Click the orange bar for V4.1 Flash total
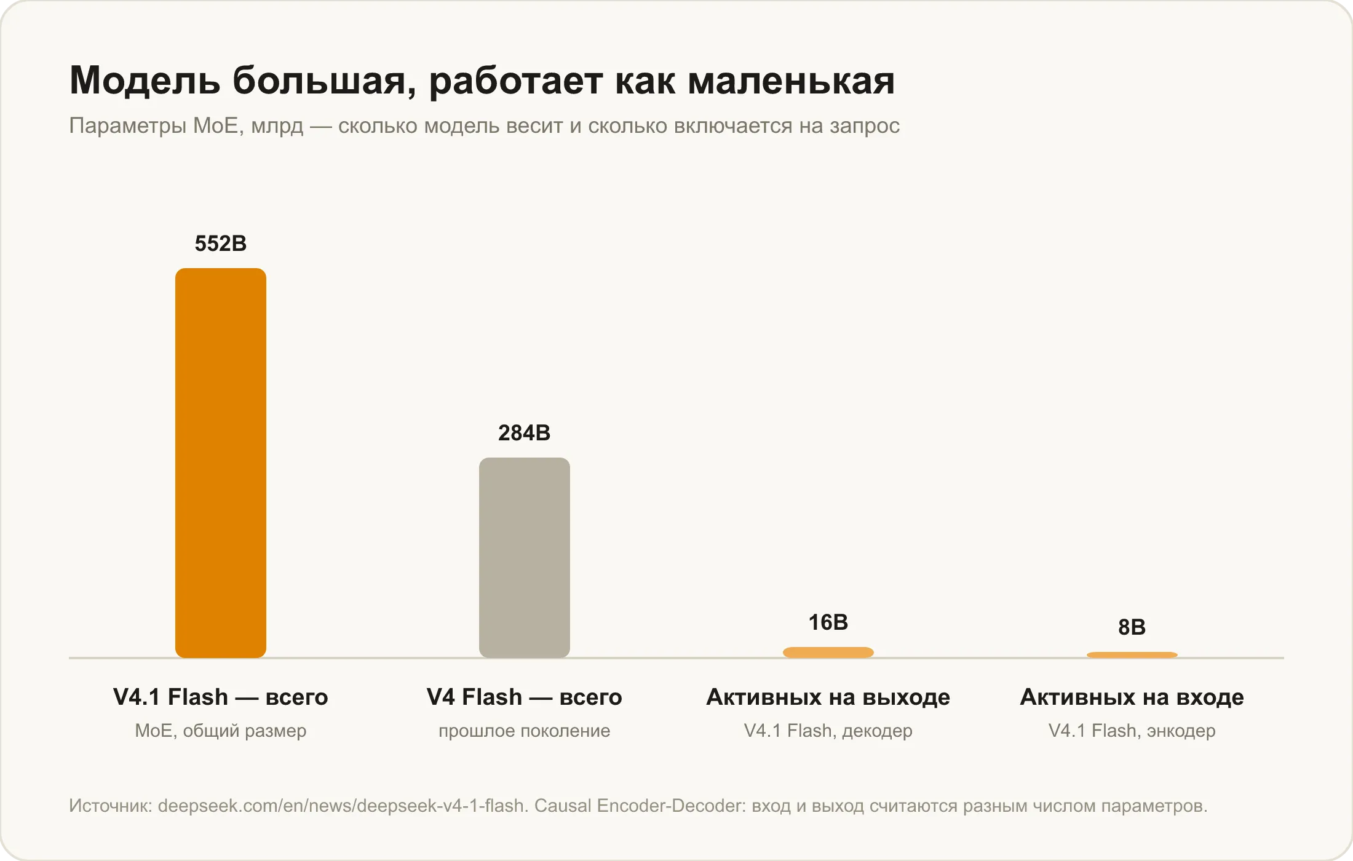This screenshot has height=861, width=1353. [221, 463]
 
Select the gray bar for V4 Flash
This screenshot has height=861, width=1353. [525, 558]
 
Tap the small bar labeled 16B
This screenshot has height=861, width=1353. [828, 653]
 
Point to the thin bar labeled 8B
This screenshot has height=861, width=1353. [1132, 655]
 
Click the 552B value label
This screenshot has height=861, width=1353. [221, 244]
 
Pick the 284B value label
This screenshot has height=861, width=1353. [525, 433]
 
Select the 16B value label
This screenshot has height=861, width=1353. [828, 622]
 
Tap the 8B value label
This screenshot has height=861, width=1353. [1132, 627]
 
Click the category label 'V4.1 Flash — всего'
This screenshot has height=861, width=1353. [221, 697]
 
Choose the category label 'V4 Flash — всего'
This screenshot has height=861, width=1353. [525, 697]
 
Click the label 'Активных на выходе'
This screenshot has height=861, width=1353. [828, 697]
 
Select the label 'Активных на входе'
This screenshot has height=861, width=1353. [1132, 697]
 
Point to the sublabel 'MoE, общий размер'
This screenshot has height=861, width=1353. [221, 731]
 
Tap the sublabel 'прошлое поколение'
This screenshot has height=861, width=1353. [525, 731]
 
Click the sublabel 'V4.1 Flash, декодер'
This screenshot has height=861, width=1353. [828, 731]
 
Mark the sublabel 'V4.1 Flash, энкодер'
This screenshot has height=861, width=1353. [1132, 731]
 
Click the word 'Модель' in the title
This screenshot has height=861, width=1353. [145, 81]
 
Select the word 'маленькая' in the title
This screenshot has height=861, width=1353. [792, 81]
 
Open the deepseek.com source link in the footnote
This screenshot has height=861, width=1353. [341, 806]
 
